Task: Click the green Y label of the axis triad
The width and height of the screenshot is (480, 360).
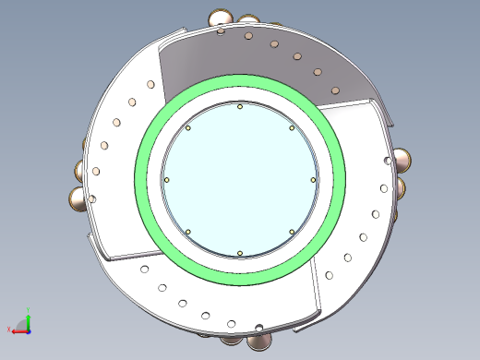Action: click(29, 312)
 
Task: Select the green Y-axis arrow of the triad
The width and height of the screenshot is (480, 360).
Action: click(29, 321)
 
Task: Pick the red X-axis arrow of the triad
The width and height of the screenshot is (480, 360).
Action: click(18, 330)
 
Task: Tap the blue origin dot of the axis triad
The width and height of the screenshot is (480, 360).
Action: click(29, 330)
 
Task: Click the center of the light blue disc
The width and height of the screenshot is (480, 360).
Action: click(239, 179)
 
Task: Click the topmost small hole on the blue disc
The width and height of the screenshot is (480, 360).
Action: click(240, 107)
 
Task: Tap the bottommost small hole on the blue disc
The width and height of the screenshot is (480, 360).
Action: click(239, 252)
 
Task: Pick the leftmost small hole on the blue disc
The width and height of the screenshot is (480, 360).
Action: click(166, 179)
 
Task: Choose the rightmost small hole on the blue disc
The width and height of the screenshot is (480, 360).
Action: click(313, 179)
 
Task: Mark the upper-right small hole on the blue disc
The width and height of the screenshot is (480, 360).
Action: click(292, 127)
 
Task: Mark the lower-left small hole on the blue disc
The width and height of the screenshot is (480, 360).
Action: click(187, 231)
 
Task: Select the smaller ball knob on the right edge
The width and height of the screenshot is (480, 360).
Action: click(402, 187)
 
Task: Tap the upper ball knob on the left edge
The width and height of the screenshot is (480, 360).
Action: click(80, 170)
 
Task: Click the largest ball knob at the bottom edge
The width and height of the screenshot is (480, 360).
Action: click(259, 341)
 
